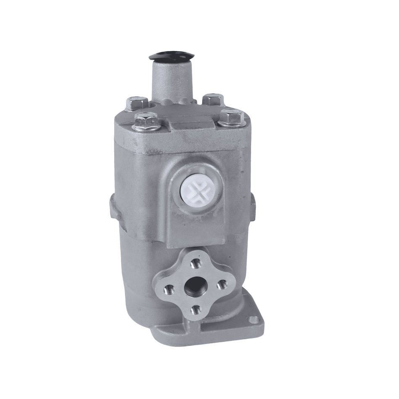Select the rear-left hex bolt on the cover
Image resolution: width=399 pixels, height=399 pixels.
point(136,102)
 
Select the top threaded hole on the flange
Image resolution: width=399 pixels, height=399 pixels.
point(195,264)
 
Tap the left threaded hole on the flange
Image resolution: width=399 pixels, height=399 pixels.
point(169,289)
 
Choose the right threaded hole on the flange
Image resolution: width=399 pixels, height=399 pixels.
point(221,284)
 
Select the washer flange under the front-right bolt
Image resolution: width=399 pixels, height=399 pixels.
point(232,123)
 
